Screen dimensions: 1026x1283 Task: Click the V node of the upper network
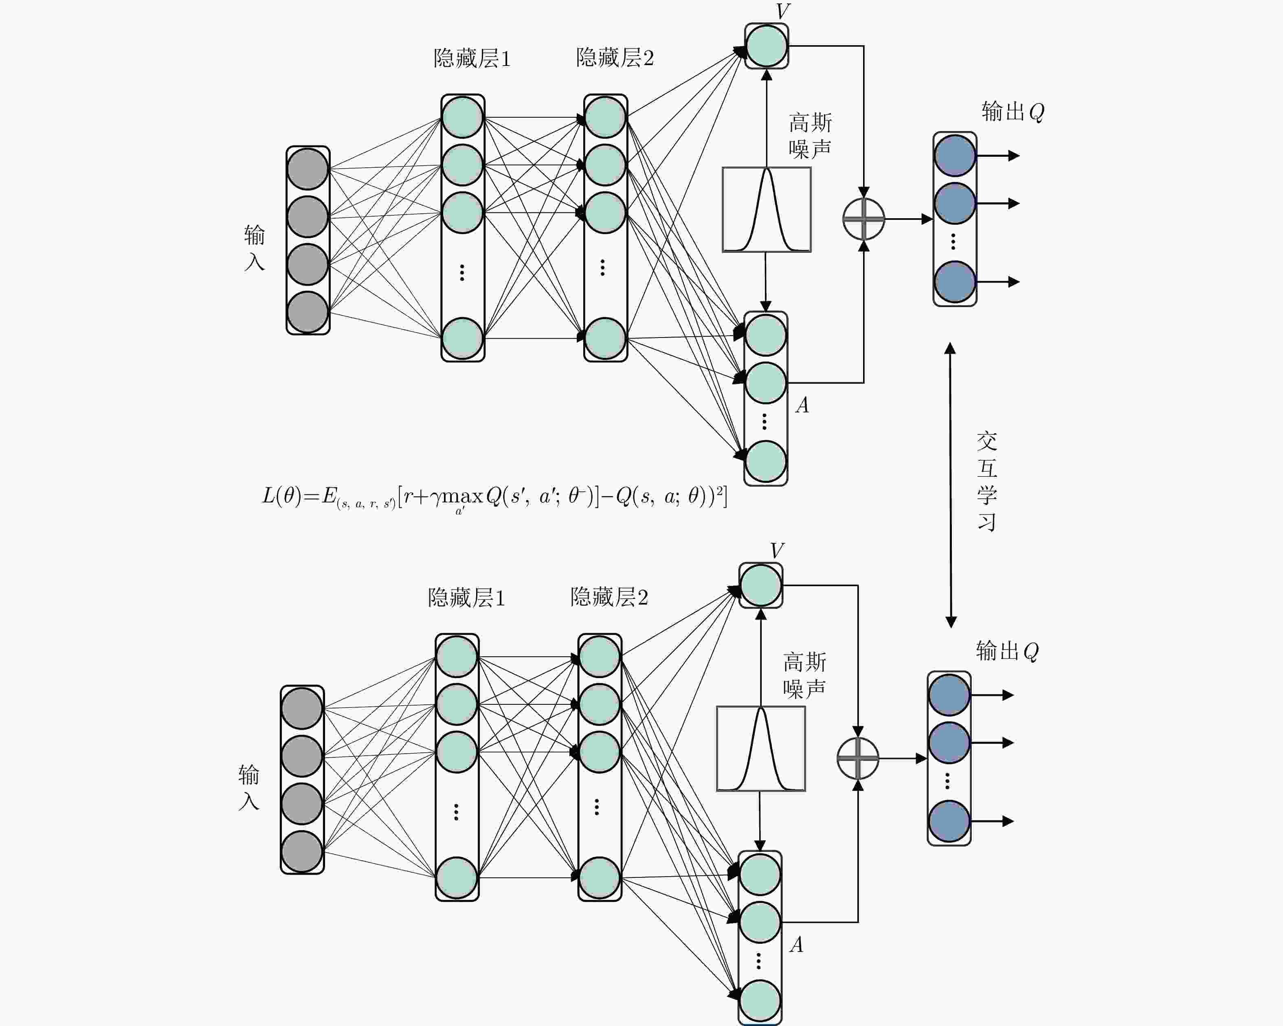point(767,46)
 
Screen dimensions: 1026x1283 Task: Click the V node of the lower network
point(760,585)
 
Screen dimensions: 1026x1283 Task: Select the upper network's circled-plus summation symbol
point(864,219)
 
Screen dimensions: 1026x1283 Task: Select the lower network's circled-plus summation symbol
point(857,759)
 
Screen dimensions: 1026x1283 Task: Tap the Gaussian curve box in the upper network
point(767,209)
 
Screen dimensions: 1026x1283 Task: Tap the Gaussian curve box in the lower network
point(760,749)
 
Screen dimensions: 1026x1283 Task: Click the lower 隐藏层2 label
point(609,597)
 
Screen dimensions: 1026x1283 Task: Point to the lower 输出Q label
point(1007,651)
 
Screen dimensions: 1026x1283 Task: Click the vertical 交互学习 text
point(986,481)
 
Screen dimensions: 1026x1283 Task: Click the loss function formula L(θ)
point(494,497)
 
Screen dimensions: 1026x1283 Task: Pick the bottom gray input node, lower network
point(302,851)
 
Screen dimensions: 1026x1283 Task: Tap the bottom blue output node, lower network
point(949,821)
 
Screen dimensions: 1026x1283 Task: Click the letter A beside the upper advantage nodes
point(802,406)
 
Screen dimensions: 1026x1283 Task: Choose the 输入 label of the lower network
point(249,787)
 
